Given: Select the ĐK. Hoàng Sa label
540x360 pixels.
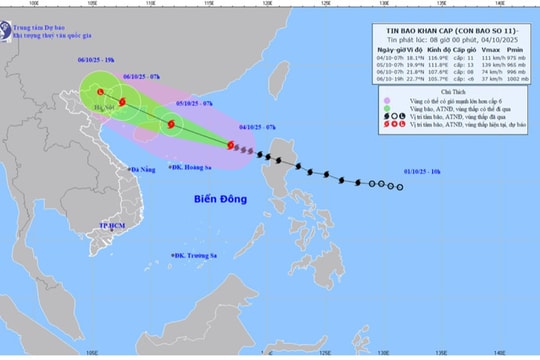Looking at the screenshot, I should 195,168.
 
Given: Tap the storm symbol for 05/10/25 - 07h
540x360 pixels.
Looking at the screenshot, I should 172,124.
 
